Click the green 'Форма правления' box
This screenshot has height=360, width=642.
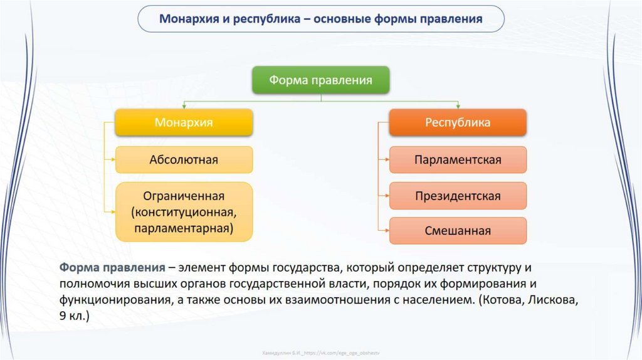tap(321, 80)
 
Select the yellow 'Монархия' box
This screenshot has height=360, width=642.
tap(184, 123)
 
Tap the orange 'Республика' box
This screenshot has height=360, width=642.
tap(458, 123)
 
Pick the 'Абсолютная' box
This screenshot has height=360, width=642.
tap(184, 159)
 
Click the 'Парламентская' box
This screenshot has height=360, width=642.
tap(458, 159)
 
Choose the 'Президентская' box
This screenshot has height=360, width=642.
tap(458, 196)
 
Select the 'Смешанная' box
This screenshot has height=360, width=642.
tap(458, 231)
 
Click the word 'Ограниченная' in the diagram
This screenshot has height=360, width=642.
tap(184, 196)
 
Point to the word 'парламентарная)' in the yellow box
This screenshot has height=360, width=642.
tap(184, 228)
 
